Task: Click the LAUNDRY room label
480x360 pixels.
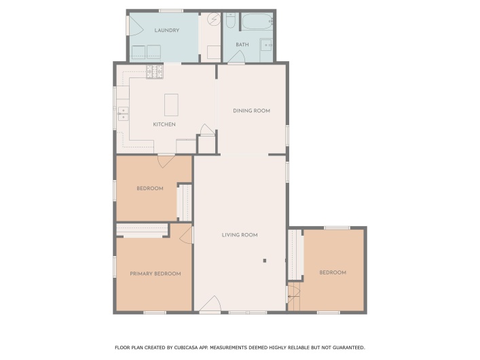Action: pos(166,31)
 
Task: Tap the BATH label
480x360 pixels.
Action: pos(242,45)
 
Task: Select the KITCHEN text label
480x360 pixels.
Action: pos(164,124)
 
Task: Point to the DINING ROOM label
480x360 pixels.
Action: pos(252,111)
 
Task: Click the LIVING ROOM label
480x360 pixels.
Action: pos(240,235)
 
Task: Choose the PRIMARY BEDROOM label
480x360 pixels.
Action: pos(155,274)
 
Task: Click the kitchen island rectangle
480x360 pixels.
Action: pos(171,105)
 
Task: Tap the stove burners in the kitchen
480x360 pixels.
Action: pos(155,72)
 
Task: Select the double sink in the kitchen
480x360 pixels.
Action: pos(124,113)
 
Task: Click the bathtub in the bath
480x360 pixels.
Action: pos(257,22)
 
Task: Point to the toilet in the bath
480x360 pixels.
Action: pos(230,20)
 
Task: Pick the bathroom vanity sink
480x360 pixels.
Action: pos(267,46)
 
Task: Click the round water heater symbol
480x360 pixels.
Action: pos(214,19)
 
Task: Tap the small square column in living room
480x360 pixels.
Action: pos(265,261)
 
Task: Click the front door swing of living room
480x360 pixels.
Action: pos(210,304)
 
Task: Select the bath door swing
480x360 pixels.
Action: pos(237,57)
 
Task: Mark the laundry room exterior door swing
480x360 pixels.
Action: pos(136,25)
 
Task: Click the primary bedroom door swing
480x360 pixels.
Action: pos(186,235)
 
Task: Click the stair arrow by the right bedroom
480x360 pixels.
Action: pos(293,297)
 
